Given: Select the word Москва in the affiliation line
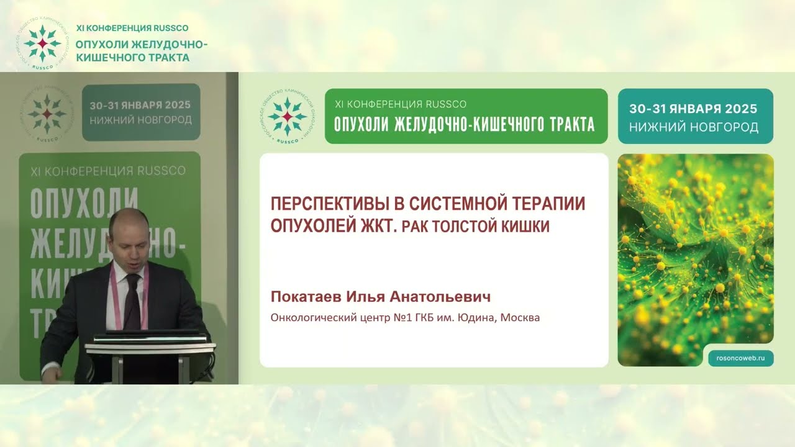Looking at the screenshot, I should (x=520, y=318).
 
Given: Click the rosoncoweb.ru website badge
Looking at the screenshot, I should (x=741, y=358).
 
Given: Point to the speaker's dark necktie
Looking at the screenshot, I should (x=133, y=301).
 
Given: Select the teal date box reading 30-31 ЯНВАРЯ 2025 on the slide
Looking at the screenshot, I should (x=695, y=117).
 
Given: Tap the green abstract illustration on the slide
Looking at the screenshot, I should (x=695, y=248).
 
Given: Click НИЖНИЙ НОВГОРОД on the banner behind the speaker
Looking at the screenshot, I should (x=140, y=120).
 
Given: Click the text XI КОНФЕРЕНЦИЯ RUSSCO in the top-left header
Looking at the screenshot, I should (x=132, y=28).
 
